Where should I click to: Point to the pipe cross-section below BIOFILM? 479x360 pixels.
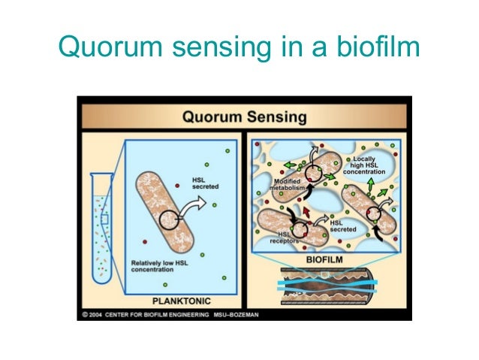click(x=329, y=285)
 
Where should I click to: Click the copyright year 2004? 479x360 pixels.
click(x=95, y=313)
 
